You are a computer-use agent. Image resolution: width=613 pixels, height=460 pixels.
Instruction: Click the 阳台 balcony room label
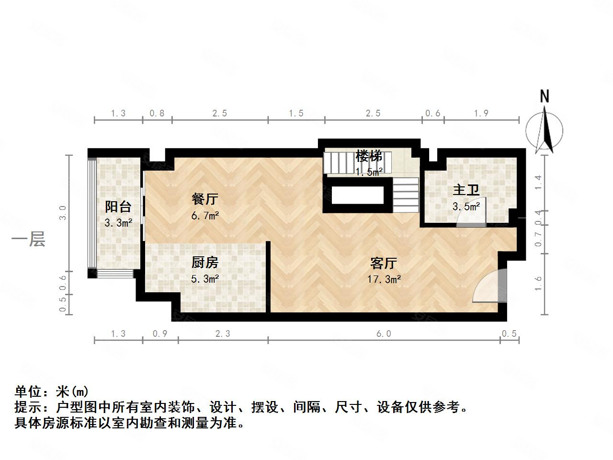pyautogui.click(x=118, y=207)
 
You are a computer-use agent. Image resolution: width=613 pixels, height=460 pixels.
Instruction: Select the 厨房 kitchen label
pyautogui.click(x=204, y=262)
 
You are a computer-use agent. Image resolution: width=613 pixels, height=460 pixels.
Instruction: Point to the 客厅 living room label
pyautogui.click(x=384, y=263)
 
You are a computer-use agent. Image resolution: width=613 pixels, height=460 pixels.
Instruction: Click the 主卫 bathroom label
pyautogui.click(x=466, y=190)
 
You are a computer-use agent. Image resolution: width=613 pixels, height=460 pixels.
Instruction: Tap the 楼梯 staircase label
pyautogui.click(x=369, y=156)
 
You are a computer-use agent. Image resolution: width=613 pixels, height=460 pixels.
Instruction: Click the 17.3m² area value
pyautogui.click(x=384, y=279)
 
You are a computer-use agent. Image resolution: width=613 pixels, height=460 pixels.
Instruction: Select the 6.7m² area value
pyautogui.click(x=204, y=216)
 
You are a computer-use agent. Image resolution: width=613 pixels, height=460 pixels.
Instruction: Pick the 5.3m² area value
pyautogui.click(x=204, y=279)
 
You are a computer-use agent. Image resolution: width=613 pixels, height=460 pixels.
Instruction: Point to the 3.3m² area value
pyautogui.click(x=118, y=223)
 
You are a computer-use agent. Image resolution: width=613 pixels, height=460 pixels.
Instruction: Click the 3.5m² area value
pyautogui.click(x=466, y=207)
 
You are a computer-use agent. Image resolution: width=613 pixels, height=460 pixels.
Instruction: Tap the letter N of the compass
pyautogui.click(x=545, y=96)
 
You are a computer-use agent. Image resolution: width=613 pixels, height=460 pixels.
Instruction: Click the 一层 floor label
pyautogui.click(x=28, y=239)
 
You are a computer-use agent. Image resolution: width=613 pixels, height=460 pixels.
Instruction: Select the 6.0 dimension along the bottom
pyautogui.click(x=384, y=333)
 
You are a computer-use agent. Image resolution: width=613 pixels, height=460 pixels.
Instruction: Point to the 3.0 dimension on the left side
pyautogui.click(x=63, y=212)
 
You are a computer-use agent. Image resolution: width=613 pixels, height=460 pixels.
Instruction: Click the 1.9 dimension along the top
pyautogui.click(x=481, y=113)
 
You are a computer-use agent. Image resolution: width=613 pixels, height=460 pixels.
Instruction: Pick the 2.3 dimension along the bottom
pyautogui.click(x=223, y=333)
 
